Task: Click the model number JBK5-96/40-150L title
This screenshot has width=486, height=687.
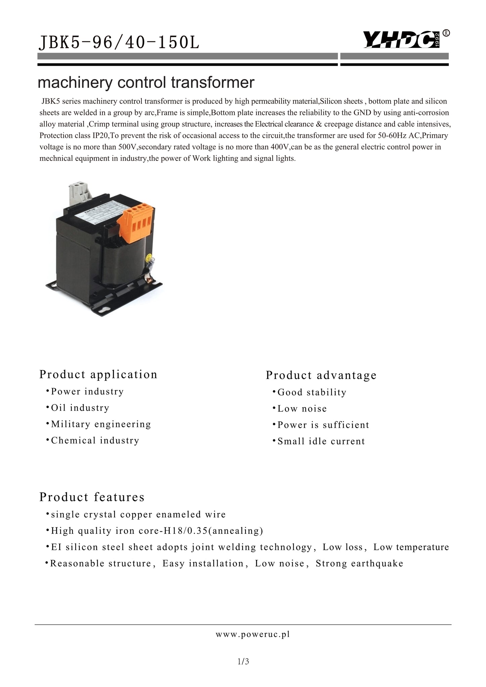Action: point(119,43)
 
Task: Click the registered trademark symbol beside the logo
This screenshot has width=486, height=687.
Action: point(446,33)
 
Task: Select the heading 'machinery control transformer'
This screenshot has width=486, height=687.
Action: point(146,83)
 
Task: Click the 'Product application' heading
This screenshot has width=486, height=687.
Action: point(98,374)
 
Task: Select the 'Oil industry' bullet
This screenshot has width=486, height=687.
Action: point(80,408)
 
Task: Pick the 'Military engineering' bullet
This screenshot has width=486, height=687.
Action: point(101,424)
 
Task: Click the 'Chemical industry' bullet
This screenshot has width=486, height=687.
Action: point(95,440)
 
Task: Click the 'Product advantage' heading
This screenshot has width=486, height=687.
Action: point(321,375)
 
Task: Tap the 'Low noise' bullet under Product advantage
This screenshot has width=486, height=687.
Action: point(302,409)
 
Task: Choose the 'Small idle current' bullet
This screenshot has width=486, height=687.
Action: point(321,441)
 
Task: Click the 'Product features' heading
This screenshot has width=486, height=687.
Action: point(92,497)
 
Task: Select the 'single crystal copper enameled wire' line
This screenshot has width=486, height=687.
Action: point(138,514)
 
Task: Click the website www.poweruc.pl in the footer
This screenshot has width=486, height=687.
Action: point(253,634)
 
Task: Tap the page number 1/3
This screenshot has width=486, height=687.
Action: point(243,662)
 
